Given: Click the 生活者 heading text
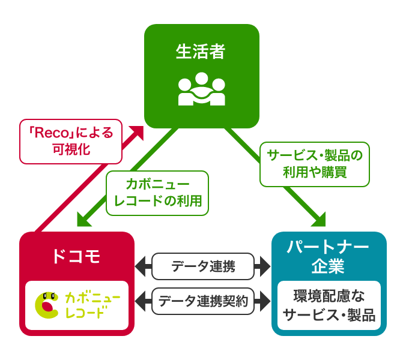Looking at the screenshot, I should click(201, 52).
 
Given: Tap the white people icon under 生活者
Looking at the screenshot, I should click(202, 89).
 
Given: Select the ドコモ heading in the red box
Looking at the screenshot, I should click(76, 256).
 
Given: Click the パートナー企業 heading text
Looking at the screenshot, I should click(329, 256).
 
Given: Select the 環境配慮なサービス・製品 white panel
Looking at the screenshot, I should click(329, 305).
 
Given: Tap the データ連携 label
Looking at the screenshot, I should click(203, 266).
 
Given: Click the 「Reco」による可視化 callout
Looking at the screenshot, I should click(71, 141).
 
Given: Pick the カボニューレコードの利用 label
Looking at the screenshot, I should click(157, 193).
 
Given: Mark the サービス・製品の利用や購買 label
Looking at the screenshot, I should click(315, 164).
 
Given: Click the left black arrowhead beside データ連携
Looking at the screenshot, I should click(142, 266).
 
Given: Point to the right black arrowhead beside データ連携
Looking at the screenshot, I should click(264, 266).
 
